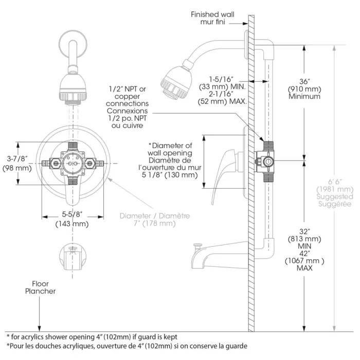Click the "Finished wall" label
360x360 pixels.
tap(212, 14)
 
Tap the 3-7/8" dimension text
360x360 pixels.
tap(17, 158)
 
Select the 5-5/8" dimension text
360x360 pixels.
tap(72, 214)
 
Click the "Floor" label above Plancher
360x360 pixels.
tap(41, 284)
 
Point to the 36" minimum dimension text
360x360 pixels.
tap(304, 81)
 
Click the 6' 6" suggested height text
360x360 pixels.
tap(335, 182)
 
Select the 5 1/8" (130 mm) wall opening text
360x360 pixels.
tap(170, 175)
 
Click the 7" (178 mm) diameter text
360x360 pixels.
tap(155, 223)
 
